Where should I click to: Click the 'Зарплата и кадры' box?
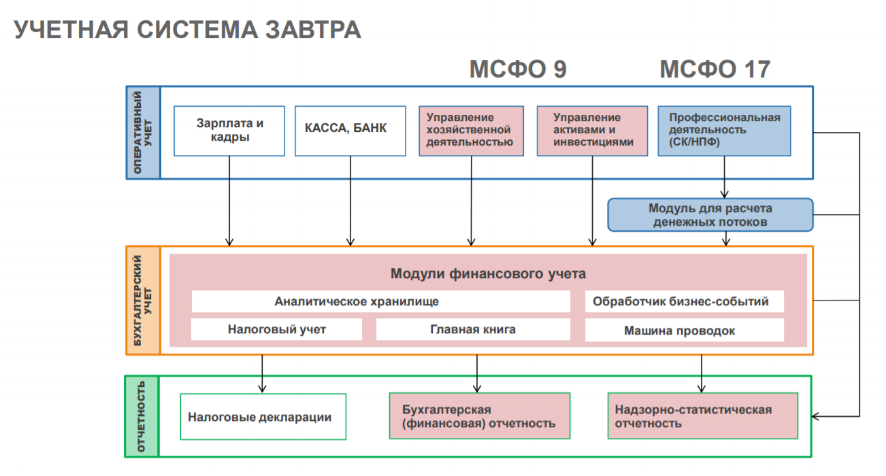click(x=229, y=131)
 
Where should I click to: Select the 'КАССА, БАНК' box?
click(x=350, y=131)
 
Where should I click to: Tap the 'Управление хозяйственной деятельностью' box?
click(x=471, y=131)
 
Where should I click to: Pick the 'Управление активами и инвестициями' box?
click(x=592, y=131)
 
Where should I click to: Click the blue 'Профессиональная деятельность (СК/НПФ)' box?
click(x=724, y=131)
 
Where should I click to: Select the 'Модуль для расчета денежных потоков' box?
click(x=710, y=215)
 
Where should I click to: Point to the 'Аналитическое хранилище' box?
click(x=380, y=301)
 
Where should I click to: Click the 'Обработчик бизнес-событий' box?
click(x=684, y=301)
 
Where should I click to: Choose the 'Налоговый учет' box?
click(x=276, y=330)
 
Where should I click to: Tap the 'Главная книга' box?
click(x=473, y=330)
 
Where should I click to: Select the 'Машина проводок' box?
click(x=684, y=330)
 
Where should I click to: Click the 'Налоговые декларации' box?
click(x=263, y=417)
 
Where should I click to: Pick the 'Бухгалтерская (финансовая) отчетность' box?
click(x=479, y=417)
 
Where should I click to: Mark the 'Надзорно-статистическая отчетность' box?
click(x=702, y=417)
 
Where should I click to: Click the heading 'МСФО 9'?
click(x=518, y=69)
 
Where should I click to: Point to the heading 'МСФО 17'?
click(x=715, y=69)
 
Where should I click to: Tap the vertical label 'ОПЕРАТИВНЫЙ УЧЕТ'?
click(x=143, y=133)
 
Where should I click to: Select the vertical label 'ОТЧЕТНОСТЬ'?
click(x=142, y=416)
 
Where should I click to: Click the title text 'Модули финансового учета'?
click(x=488, y=274)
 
